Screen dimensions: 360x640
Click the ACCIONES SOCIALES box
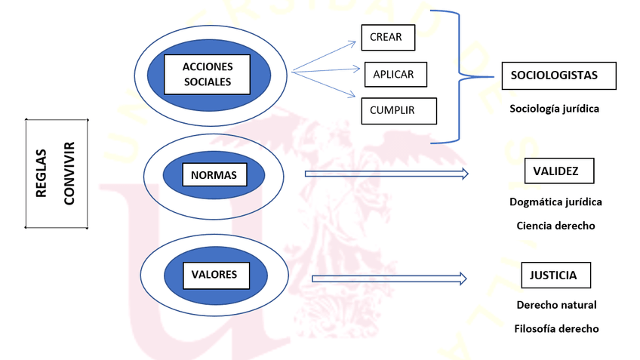[x=207, y=74]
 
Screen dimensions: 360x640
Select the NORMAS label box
[x=214, y=176]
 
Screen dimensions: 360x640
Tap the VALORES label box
[x=214, y=275]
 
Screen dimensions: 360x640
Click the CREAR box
[x=387, y=37]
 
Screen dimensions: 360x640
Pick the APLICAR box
[x=395, y=74]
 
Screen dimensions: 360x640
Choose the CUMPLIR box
[x=398, y=110]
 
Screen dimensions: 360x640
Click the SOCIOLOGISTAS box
[x=558, y=75]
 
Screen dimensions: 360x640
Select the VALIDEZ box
[x=558, y=171]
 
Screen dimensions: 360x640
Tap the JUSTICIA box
[x=555, y=275]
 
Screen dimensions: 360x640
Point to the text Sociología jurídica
[x=554, y=109]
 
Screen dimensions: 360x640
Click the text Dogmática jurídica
[x=556, y=202]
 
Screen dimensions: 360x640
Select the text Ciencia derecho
[x=556, y=226]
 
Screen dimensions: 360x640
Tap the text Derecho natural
[x=556, y=305]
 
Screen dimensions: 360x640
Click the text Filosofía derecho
[x=556, y=329]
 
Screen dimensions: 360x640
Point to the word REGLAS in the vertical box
[x=42, y=173]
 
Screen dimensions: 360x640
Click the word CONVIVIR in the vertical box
[x=69, y=173]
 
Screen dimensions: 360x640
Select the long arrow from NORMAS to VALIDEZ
[x=385, y=174]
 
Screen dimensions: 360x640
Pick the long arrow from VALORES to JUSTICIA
[x=389, y=278]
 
